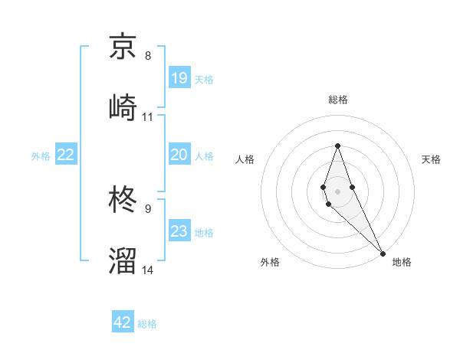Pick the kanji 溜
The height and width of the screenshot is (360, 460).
123,260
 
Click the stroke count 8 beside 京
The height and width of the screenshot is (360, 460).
148,56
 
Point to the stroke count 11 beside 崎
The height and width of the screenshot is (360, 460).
148,117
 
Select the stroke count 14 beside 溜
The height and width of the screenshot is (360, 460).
148,270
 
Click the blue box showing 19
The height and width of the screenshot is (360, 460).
179,78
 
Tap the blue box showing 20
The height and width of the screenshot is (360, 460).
179,155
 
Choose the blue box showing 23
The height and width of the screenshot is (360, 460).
179,231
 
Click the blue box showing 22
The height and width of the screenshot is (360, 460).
66,155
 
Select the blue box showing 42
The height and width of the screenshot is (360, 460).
123,322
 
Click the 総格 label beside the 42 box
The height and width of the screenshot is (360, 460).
147,324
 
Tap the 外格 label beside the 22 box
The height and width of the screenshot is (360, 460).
41,156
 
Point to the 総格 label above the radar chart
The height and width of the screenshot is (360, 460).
337,100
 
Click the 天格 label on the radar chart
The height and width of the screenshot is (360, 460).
432,159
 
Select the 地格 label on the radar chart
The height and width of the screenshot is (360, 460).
402,262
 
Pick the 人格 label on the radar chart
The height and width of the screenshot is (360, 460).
245,159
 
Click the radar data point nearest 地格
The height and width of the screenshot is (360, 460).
382,253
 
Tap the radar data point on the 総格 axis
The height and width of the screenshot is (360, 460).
337,145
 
